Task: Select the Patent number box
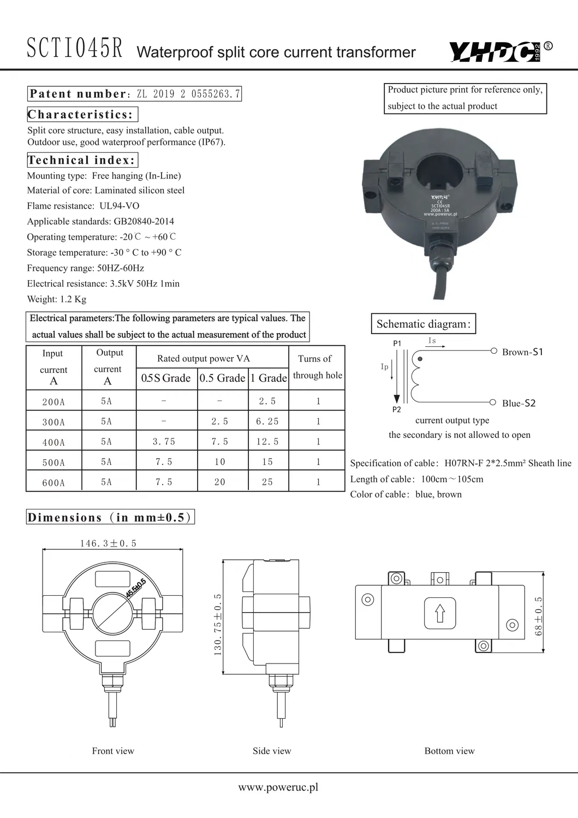pos(134,94)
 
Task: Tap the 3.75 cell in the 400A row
pos(164,441)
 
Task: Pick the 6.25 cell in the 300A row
pos(267,421)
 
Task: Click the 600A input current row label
pos(53,483)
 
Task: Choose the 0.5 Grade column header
pos(222,378)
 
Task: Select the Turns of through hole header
pos(317,367)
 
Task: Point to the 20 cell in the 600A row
pos(220,482)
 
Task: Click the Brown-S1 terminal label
pos(522,352)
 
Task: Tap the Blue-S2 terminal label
pos(519,404)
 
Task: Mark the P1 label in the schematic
pos(397,343)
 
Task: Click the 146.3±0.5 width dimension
pos(108,543)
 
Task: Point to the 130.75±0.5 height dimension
pos(218,624)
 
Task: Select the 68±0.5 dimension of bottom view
pos(539,616)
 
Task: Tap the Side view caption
pos(272,751)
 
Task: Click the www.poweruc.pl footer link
pos(278,787)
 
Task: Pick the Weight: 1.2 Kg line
pos(57,299)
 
